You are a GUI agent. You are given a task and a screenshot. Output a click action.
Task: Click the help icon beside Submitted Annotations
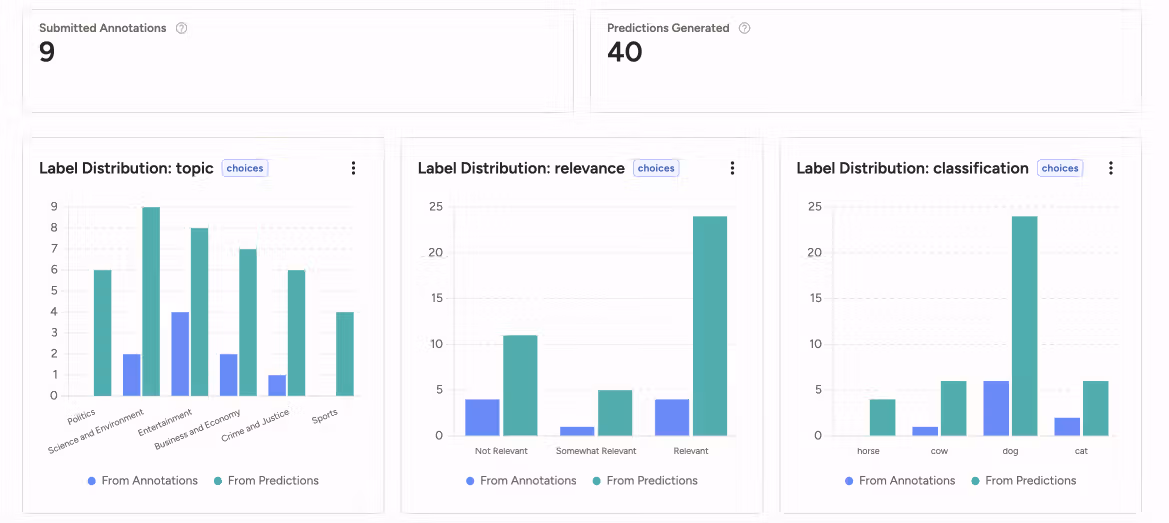(x=181, y=28)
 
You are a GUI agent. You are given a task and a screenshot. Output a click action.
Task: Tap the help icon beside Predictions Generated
(x=744, y=28)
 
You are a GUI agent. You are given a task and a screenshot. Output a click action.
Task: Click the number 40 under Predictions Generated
(x=625, y=52)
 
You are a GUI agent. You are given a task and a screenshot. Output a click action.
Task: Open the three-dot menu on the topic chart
(x=353, y=168)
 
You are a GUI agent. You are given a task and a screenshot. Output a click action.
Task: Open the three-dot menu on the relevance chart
(x=732, y=168)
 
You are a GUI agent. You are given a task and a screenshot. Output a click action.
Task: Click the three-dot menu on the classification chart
(x=1111, y=168)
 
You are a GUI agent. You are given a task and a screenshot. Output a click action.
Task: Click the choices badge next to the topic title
(x=245, y=168)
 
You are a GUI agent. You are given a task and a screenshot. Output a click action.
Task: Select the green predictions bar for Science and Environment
(x=151, y=301)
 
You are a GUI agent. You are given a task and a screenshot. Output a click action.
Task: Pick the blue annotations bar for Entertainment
(x=180, y=354)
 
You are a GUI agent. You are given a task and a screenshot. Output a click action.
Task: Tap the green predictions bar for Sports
(x=345, y=354)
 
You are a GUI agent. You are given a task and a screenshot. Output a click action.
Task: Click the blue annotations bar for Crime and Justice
(x=277, y=385)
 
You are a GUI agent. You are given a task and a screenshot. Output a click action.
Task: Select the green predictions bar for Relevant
(x=710, y=326)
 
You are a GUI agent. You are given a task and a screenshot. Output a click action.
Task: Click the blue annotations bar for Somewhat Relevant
(x=577, y=431)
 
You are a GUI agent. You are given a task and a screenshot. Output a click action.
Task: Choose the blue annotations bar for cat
(x=1068, y=427)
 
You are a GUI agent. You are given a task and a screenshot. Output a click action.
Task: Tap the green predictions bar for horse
(x=883, y=417)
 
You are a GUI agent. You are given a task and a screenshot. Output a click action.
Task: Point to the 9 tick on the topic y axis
(x=54, y=207)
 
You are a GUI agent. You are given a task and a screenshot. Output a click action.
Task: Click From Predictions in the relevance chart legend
(x=645, y=481)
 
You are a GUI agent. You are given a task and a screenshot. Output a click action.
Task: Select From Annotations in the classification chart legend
(x=900, y=481)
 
